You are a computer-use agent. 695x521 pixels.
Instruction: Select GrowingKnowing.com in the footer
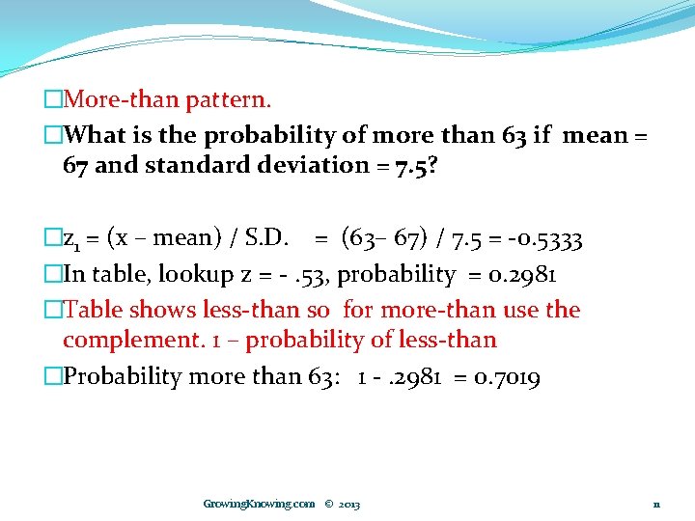pos(259,504)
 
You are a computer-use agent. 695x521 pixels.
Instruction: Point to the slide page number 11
pos(656,504)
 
